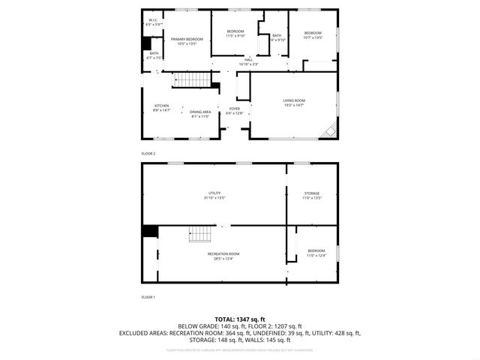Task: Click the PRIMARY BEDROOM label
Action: click(186, 39)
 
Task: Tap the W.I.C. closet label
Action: click(153, 20)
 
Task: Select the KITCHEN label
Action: click(162, 106)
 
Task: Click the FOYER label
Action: click(235, 109)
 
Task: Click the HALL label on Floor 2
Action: click(248, 59)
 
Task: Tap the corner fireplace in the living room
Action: click(328, 132)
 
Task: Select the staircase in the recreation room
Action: click(200, 234)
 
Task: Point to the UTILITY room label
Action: click(215, 193)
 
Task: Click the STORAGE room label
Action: click(311, 193)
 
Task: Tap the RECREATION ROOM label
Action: click(223, 254)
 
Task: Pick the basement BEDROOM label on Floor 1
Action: click(316, 250)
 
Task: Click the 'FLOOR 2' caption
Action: click(148, 153)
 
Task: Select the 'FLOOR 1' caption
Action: click(148, 297)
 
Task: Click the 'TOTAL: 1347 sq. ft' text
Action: click(240, 319)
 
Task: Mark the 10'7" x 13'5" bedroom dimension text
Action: click(313, 37)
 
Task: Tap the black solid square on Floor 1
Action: click(150, 231)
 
